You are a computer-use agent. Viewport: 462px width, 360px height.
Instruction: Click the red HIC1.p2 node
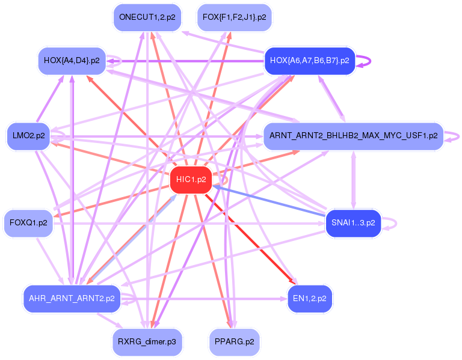coord(191,180)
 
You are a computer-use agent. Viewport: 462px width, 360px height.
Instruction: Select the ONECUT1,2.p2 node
coord(147,17)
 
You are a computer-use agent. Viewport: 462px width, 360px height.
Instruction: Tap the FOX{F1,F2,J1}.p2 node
coord(234,17)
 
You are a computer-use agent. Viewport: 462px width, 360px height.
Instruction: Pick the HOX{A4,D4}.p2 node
coord(72,61)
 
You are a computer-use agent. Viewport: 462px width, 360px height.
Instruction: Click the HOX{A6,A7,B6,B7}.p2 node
coord(310,61)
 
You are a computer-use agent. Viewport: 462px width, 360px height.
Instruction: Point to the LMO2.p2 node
coord(29,136)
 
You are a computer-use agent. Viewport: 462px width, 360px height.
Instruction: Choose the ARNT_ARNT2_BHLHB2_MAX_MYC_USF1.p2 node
coord(353,136)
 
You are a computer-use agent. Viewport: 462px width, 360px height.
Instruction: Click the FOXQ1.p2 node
coord(28,223)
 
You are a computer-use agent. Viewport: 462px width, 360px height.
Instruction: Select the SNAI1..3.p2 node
coord(353,223)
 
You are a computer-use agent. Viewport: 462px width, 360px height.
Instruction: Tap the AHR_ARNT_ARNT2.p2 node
coord(72,299)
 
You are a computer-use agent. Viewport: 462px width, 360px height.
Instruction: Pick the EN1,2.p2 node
coord(310,299)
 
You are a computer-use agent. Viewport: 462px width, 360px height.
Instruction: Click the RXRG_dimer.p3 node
coord(147,342)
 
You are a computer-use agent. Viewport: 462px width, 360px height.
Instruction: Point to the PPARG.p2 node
coord(234,342)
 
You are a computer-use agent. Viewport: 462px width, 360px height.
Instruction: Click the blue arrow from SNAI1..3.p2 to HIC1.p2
coord(269,201)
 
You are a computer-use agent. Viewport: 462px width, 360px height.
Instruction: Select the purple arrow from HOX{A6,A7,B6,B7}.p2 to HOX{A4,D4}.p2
coord(185,61)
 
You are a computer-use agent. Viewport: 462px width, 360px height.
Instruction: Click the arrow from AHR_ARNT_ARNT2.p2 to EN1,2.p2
coord(204,299)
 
